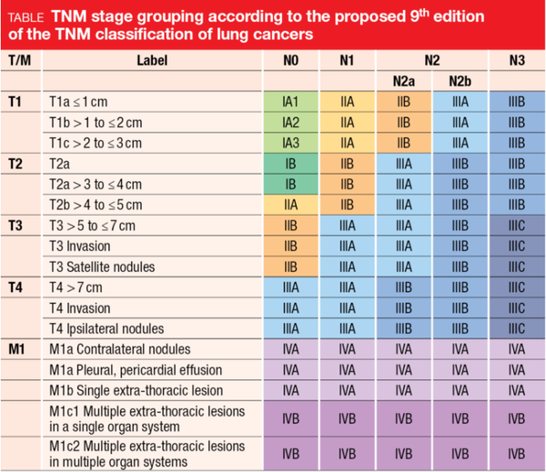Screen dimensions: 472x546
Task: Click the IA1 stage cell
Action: [x=290, y=103]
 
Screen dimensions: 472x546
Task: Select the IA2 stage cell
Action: [x=290, y=123]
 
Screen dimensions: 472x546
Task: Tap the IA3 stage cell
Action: [x=290, y=143]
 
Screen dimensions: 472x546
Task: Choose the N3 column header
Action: [x=517, y=60]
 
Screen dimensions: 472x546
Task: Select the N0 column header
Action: [x=290, y=60]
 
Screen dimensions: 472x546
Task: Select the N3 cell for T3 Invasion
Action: [x=517, y=246]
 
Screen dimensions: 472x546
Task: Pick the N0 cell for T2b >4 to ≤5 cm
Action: [x=290, y=205]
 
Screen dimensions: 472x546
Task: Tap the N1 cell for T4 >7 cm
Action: [x=347, y=287]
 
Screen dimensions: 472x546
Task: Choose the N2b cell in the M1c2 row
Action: [x=460, y=454]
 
